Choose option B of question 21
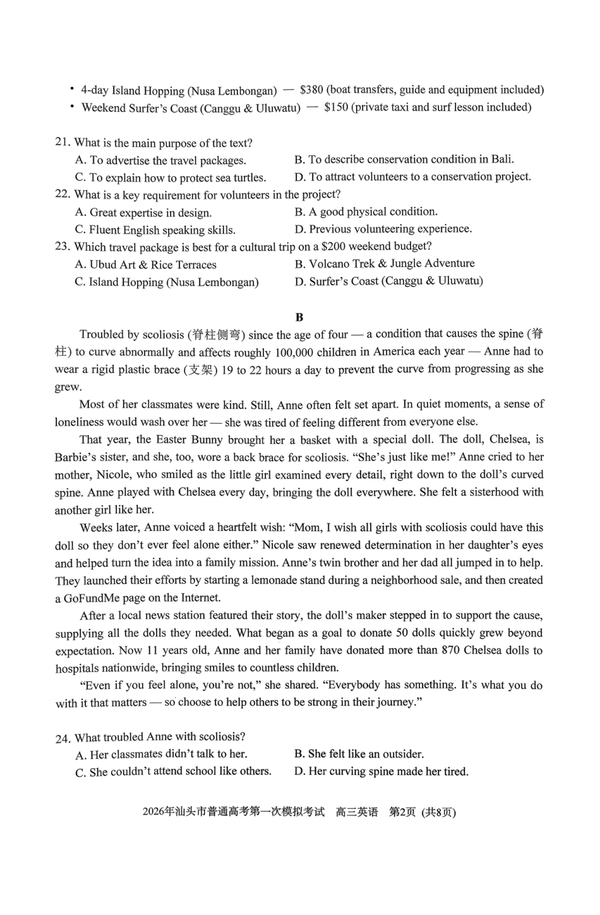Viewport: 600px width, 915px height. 404,159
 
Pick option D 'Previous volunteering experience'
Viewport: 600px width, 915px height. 383,229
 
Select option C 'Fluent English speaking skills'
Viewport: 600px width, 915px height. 155,230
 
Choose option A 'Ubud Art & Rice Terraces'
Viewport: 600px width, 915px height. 146,265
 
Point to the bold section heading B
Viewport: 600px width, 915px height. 299,317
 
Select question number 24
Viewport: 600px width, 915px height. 63,738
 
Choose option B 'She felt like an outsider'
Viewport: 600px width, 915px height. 359,754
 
